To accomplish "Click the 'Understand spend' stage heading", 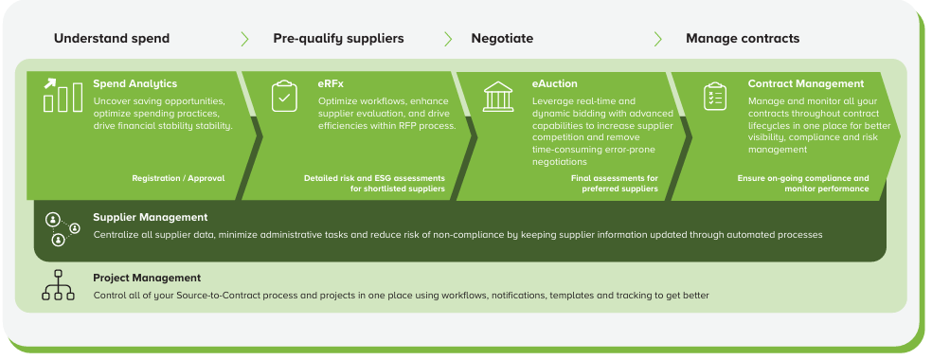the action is (112, 39).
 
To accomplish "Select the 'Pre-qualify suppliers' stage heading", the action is (338, 39).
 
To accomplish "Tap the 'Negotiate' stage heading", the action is (502, 39).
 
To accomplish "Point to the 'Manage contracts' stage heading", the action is (743, 39).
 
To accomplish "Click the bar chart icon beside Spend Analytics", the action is (63, 96).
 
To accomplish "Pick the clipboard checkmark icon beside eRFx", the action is (284, 97).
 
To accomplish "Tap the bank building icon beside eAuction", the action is (498, 97).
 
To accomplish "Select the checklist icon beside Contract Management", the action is (715, 97).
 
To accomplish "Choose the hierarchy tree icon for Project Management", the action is (59, 285).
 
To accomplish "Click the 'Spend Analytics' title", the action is (134, 83).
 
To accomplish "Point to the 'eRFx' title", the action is (331, 83).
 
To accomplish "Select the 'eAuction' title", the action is (554, 83).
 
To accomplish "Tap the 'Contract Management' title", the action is (806, 83).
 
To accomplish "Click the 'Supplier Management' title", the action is (151, 218).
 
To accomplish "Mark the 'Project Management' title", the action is (147, 278).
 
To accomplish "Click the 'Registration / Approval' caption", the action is (178, 178).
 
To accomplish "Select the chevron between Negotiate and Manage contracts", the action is (658, 39).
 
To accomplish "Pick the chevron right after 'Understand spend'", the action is (245, 39).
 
